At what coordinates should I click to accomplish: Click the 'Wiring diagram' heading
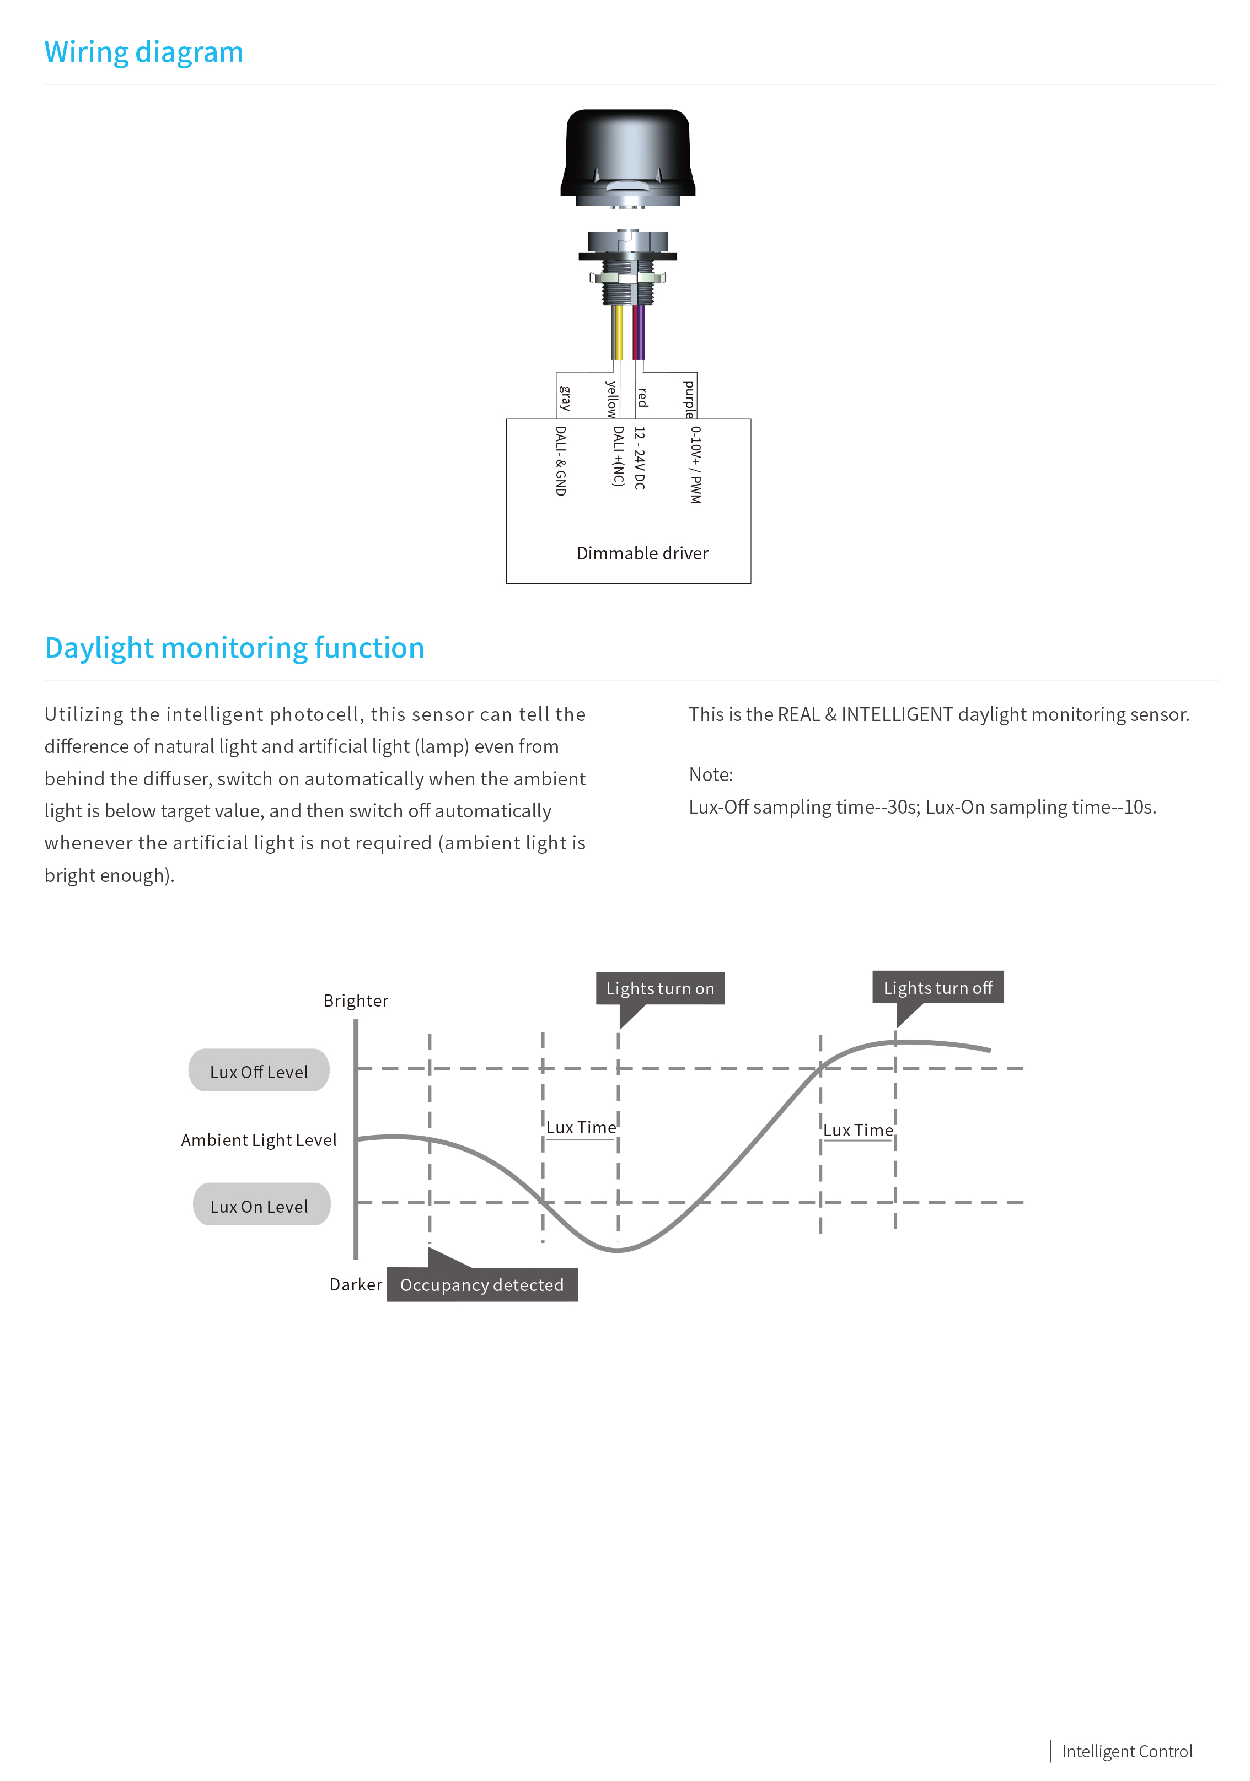click(143, 52)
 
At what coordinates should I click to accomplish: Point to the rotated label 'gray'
click(565, 398)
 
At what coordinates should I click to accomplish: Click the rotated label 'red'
click(642, 398)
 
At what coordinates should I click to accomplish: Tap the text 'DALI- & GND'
click(561, 461)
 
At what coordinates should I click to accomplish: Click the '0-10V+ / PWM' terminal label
click(696, 465)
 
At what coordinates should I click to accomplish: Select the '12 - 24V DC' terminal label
click(640, 458)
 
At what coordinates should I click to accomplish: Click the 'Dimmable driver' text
click(642, 553)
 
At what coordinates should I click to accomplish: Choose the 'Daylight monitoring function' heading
click(234, 648)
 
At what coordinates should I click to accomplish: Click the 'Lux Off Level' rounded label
click(259, 1070)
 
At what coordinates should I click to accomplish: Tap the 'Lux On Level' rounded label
click(261, 1204)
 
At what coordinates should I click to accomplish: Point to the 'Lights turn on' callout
click(661, 988)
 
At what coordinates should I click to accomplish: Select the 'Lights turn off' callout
click(938, 987)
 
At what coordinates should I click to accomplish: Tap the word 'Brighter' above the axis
click(356, 1000)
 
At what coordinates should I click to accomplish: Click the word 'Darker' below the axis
click(356, 1284)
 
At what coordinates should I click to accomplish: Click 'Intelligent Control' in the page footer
click(1126, 1752)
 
